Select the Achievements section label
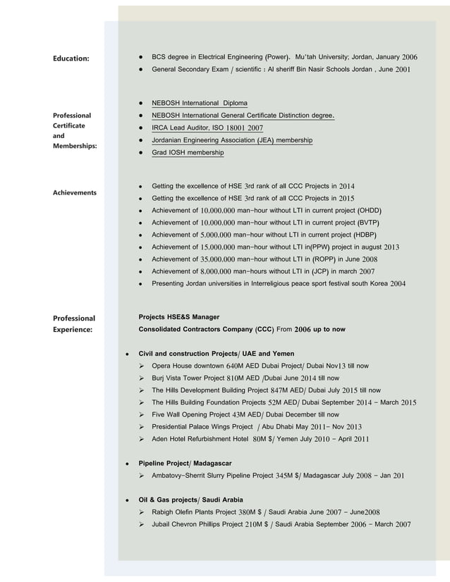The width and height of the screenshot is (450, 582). pos(75,192)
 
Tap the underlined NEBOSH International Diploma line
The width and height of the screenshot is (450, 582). pos(199,103)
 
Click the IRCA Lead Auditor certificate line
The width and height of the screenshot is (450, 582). pos(207,128)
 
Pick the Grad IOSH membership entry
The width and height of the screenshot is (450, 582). pos(188,153)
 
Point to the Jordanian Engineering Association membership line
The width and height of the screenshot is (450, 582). pos(232,140)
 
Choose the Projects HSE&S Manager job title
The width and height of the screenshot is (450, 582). pos(179,317)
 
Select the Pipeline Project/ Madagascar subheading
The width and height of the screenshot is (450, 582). pos(185,463)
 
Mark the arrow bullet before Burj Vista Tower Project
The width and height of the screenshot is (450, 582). pos(142,378)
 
